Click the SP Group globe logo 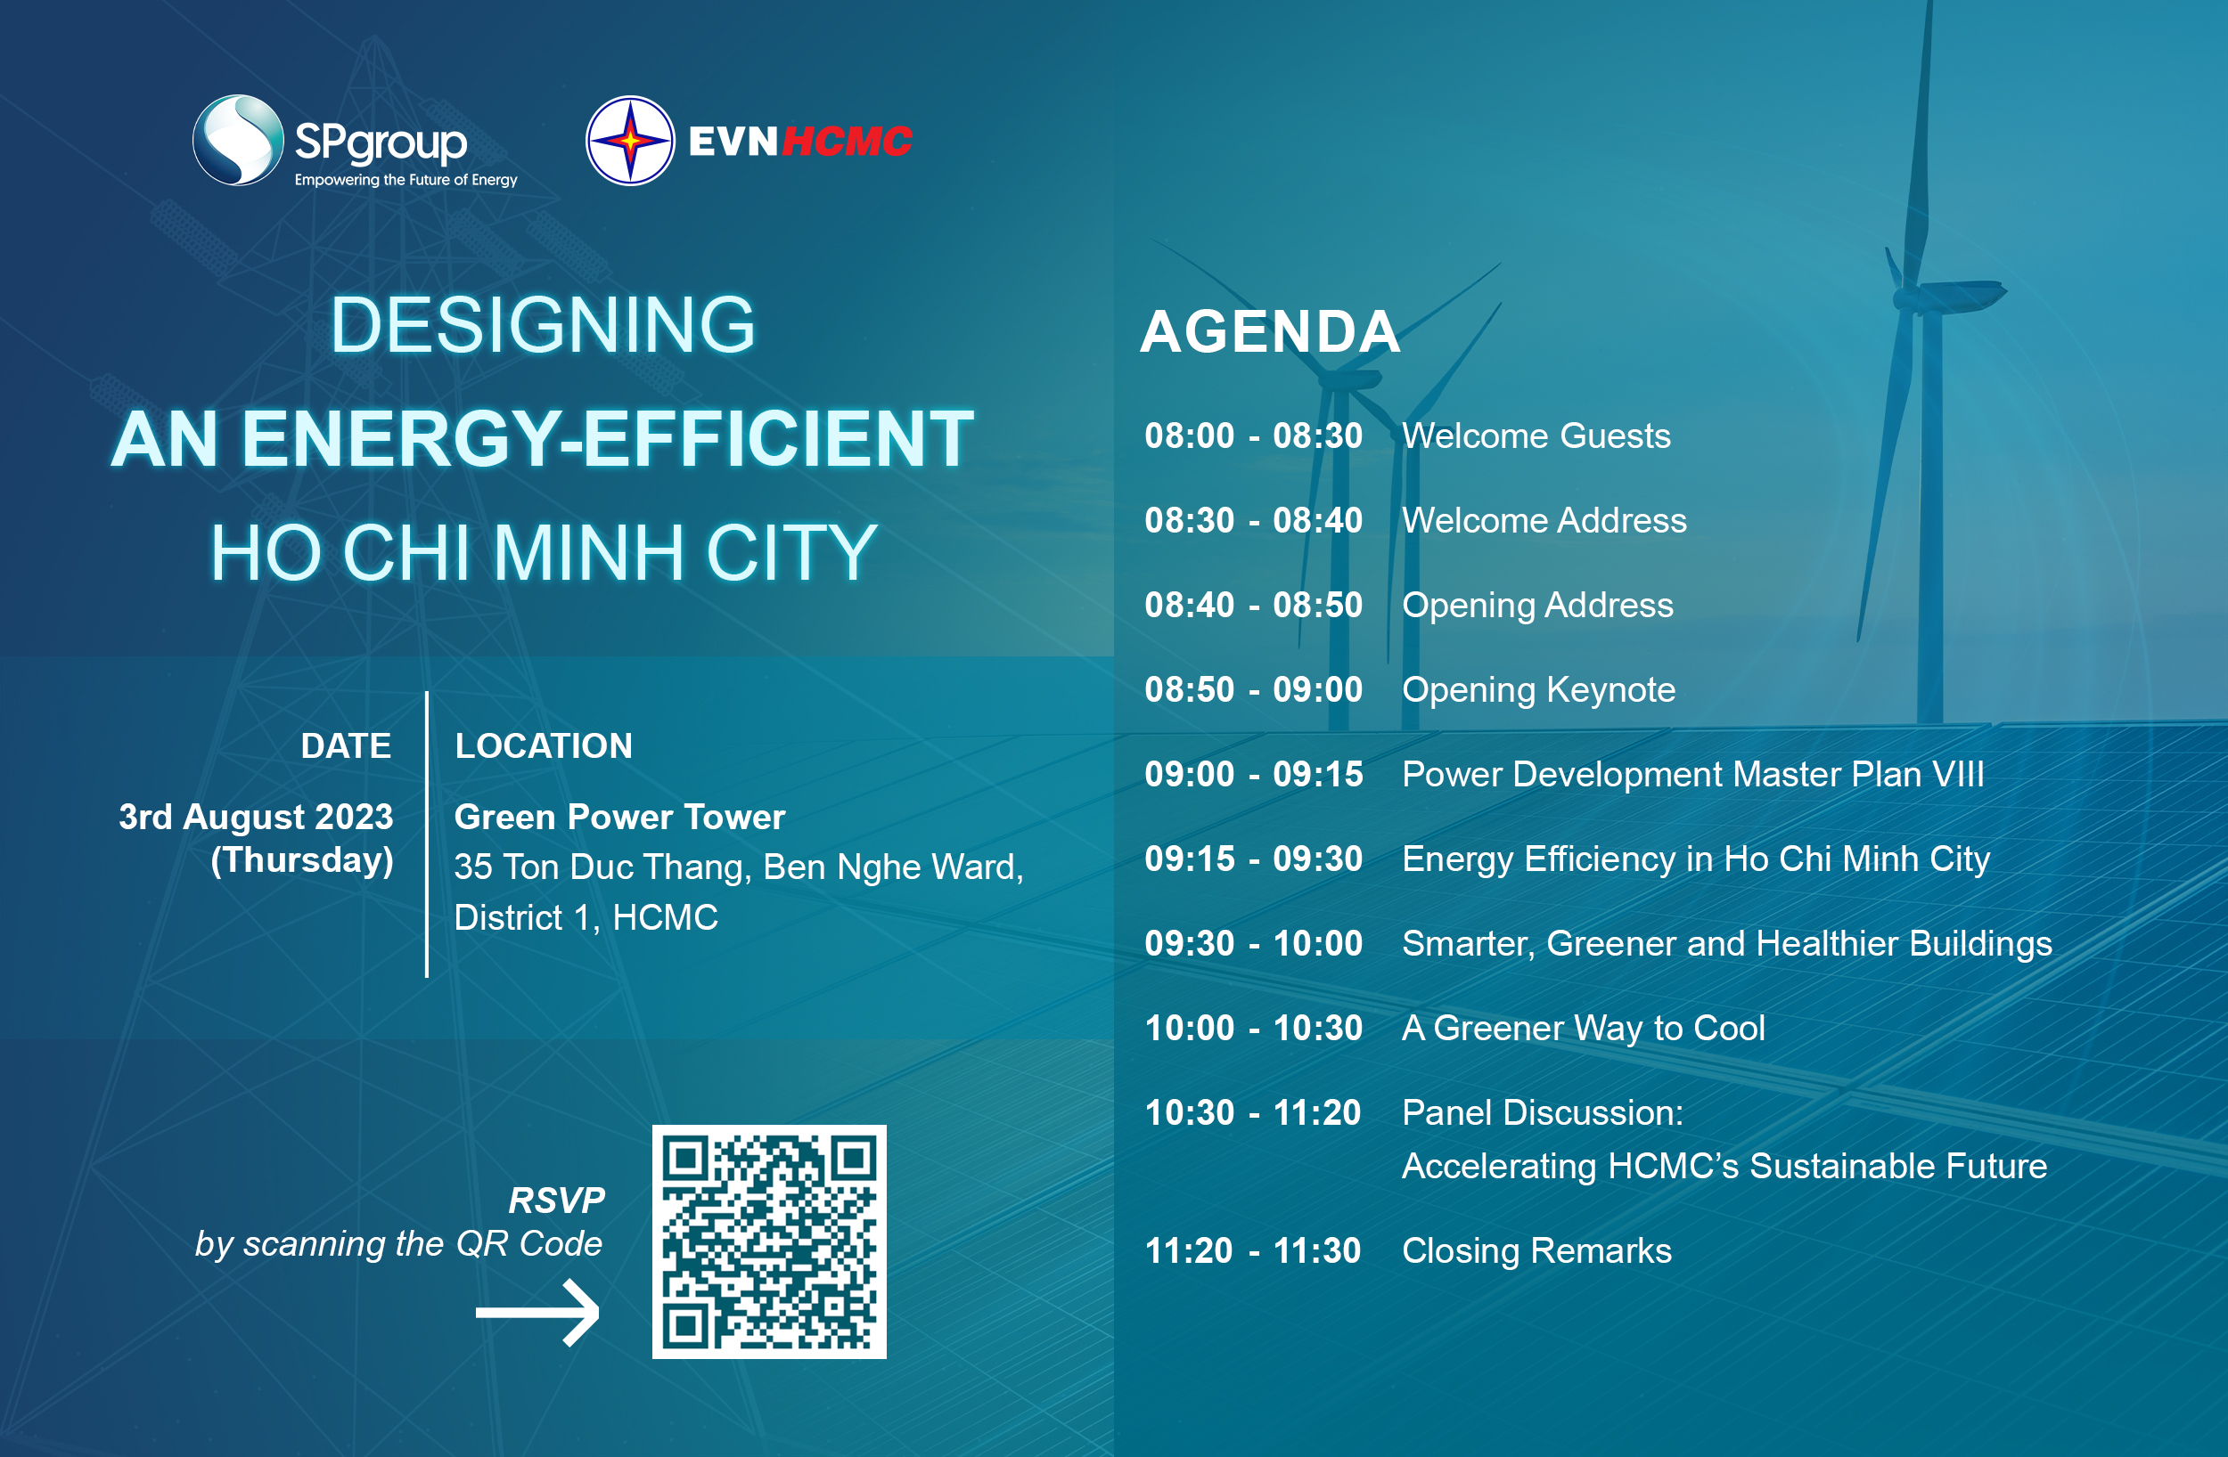click(238, 141)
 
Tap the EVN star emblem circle click(630, 141)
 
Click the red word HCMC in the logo click(848, 142)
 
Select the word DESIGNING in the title click(543, 325)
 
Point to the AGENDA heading click(1270, 331)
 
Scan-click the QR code click(768, 1241)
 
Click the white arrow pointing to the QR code click(537, 1313)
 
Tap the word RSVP click(557, 1200)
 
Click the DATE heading click(346, 745)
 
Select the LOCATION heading click(544, 745)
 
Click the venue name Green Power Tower click(619, 817)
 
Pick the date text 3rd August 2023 click(256, 817)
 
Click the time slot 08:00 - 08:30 click(1254, 436)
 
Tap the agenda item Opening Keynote click(1539, 690)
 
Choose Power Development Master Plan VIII click(1693, 775)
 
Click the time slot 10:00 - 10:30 click(1254, 1029)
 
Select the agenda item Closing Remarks click(1537, 1251)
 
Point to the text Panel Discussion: click(1543, 1112)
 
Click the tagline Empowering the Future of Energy click(406, 180)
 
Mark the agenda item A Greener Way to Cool click(1584, 1029)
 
